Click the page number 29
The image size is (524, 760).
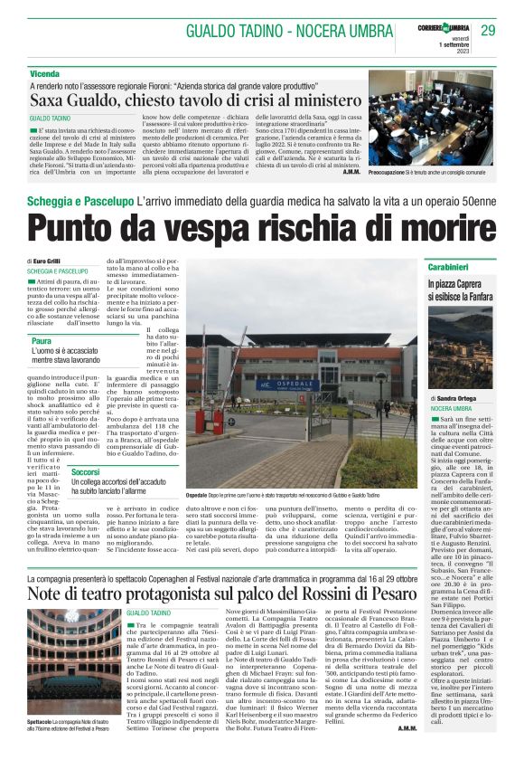488,30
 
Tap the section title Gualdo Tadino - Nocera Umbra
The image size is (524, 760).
290,31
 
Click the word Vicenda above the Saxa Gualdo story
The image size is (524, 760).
44,71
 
